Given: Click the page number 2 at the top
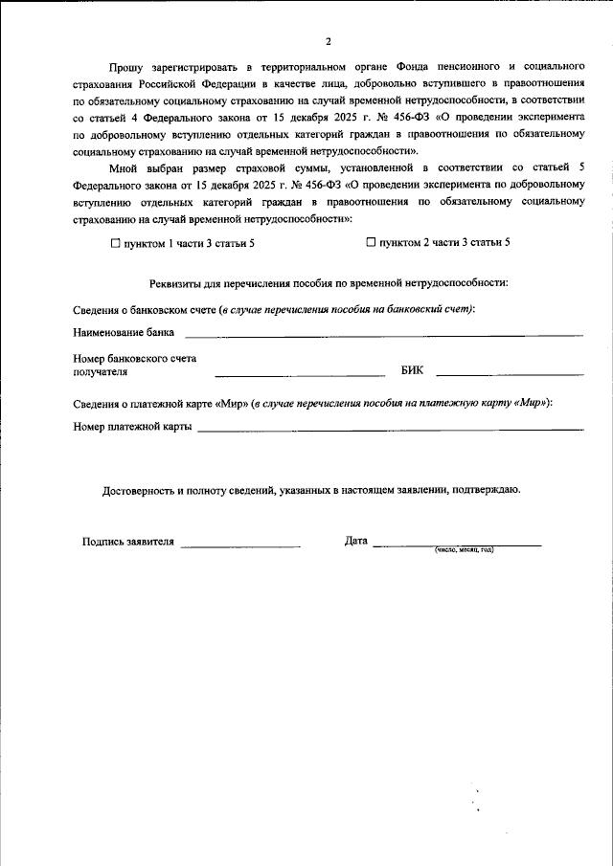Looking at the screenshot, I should (328, 41).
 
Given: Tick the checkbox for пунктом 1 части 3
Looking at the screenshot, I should (116, 243).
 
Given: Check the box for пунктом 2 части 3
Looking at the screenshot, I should (372, 243).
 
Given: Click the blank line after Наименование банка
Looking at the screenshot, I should (383, 335).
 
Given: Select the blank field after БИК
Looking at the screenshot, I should (510, 372).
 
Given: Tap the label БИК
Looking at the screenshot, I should (410, 369).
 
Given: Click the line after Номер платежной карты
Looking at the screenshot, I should (390, 430).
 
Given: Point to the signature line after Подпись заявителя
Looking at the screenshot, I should (240, 544).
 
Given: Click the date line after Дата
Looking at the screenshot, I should (457, 544).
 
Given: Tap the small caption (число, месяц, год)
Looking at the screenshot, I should (464, 550).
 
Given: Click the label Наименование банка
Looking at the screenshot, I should (124, 333).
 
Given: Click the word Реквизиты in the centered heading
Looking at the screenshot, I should (178, 282).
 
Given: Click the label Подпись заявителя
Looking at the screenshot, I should (128, 542).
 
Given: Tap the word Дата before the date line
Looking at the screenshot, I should (356, 542).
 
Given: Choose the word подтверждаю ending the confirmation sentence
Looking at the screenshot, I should (487, 490).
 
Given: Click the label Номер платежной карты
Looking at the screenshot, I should (132, 427).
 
